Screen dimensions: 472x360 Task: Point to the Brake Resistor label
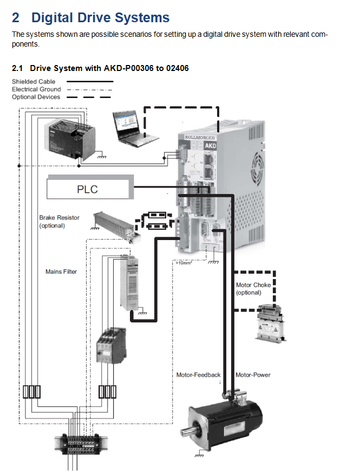click(x=59, y=221)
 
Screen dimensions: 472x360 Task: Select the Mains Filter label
click(x=61, y=271)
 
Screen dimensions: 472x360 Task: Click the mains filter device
click(x=130, y=284)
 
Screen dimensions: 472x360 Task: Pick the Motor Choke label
click(x=253, y=288)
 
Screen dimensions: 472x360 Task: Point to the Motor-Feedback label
click(x=199, y=374)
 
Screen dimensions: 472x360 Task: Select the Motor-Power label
click(x=253, y=374)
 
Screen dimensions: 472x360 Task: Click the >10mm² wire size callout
click(x=183, y=263)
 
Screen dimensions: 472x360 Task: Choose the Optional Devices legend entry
click(x=36, y=96)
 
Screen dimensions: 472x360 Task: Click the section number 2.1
click(x=18, y=68)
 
